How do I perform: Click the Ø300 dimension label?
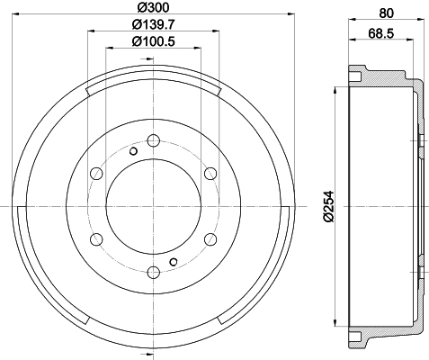pyautogui.click(x=154, y=7)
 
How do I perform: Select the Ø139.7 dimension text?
pyautogui.click(x=153, y=24)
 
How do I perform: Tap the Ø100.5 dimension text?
pyautogui.click(x=153, y=41)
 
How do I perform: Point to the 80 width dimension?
pyautogui.click(x=387, y=13)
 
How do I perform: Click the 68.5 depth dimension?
pyautogui.click(x=381, y=33)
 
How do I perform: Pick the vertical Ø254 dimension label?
pyautogui.click(x=328, y=206)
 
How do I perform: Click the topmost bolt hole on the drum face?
pyautogui.click(x=154, y=140)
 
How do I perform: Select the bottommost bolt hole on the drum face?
pyautogui.click(x=154, y=273)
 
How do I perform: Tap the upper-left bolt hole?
pyautogui.click(x=96, y=174)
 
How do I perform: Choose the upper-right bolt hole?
pyautogui.click(x=210, y=174)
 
